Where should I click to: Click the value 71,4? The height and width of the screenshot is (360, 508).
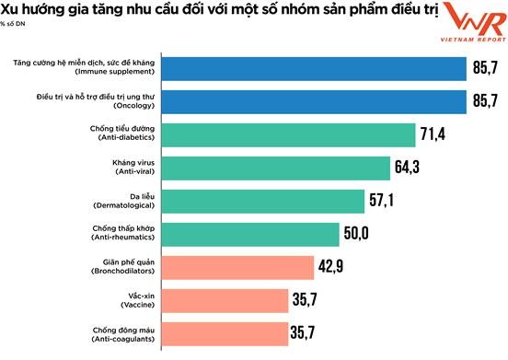pyautogui.click(x=433, y=135)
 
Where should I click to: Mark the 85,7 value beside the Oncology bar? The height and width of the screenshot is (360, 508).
pyautogui.click(x=486, y=102)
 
